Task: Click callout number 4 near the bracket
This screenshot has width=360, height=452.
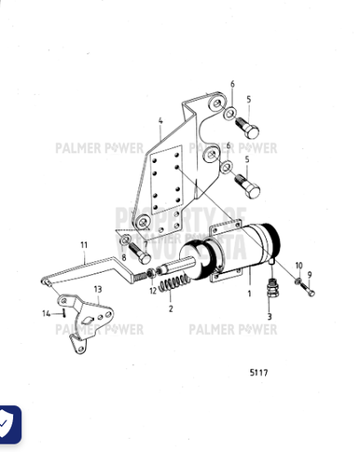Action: [x=160, y=120]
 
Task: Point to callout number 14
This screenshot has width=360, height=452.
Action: [x=46, y=313]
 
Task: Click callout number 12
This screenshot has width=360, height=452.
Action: [x=150, y=292]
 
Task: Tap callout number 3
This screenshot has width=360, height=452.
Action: [x=270, y=317]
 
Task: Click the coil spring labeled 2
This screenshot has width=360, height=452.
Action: [x=173, y=284]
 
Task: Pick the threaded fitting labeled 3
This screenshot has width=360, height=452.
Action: [x=270, y=290]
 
